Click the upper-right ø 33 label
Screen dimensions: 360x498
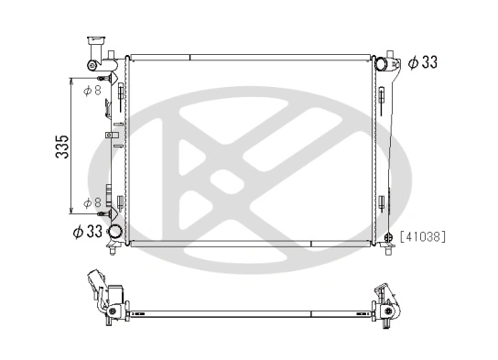pos(423,62)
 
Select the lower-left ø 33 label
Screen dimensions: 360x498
pos(87,232)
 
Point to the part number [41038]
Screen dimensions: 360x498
pos(422,235)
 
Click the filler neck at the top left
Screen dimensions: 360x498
pos(94,46)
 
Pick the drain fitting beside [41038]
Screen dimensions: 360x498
pos(388,236)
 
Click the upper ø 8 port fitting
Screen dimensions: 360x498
pos(120,90)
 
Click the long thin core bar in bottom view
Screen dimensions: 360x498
pos(247,313)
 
